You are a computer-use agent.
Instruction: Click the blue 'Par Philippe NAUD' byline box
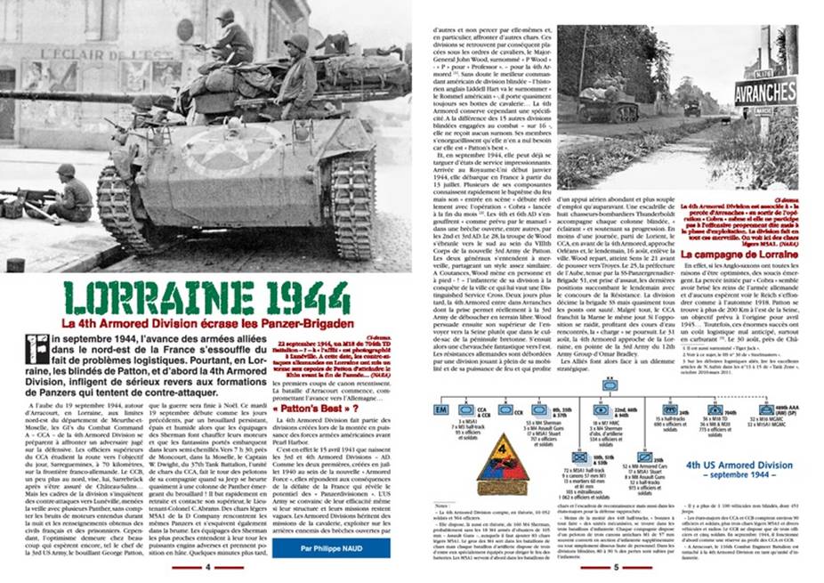pyautogui.click(x=319, y=548)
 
